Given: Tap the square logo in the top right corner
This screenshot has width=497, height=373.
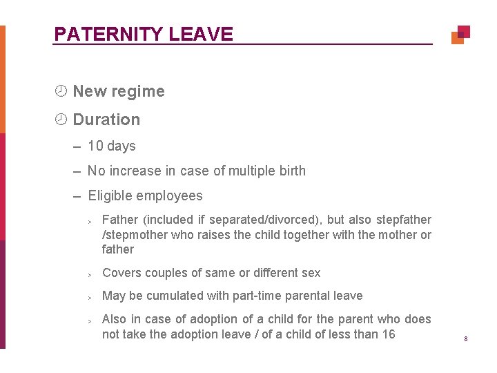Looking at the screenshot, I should pyautogui.click(x=460, y=35).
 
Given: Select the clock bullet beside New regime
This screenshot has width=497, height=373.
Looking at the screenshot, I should pyautogui.click(x=61, y=91).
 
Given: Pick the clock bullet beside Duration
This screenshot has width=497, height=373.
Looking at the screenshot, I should pyautogui.click(x=61, y=119).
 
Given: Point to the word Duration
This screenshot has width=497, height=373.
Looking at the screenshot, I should pyautogui.click(x=106, y=119).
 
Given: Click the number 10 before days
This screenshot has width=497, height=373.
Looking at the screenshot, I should pyautogui.click(x=95, y=146).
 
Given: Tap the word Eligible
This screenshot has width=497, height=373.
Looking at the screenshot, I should pyautogui.click(x=110, y=196).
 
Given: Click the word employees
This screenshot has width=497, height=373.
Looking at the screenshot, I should pyautogui.click(x=170, y=196).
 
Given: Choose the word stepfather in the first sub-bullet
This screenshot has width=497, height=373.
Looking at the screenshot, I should pyautogui.click(x=404, y=220).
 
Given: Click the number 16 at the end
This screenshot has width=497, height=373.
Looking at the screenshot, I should pyautogui.click(x=388, y=334).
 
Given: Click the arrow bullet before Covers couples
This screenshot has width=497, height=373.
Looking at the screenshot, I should pyautogui.click(x=90, y=274).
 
